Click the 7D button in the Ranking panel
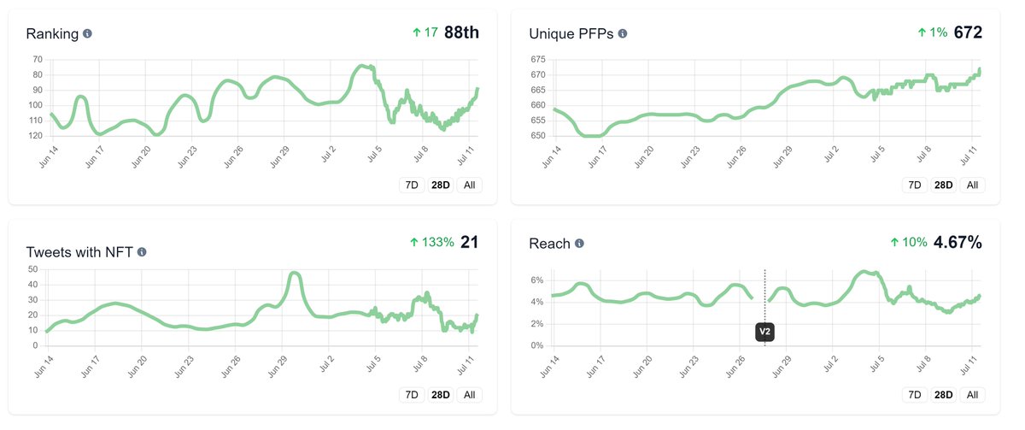tap(412, 185)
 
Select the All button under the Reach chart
tap(971, 395)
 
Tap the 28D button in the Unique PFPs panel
tap(944, 185)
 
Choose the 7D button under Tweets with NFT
tap(412, 395)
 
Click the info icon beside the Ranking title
tap(87, 34)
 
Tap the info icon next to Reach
tap(579, 244)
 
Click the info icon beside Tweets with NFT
tap(142, 252)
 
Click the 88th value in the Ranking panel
tap(461, 33)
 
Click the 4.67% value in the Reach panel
tap(958, 243)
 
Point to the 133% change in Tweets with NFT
tap(432, 243)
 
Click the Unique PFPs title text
tap(571, 34)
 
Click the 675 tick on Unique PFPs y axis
tap(537, 59)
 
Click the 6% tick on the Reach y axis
tap(537, 280)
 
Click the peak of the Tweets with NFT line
tap(294, 274)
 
